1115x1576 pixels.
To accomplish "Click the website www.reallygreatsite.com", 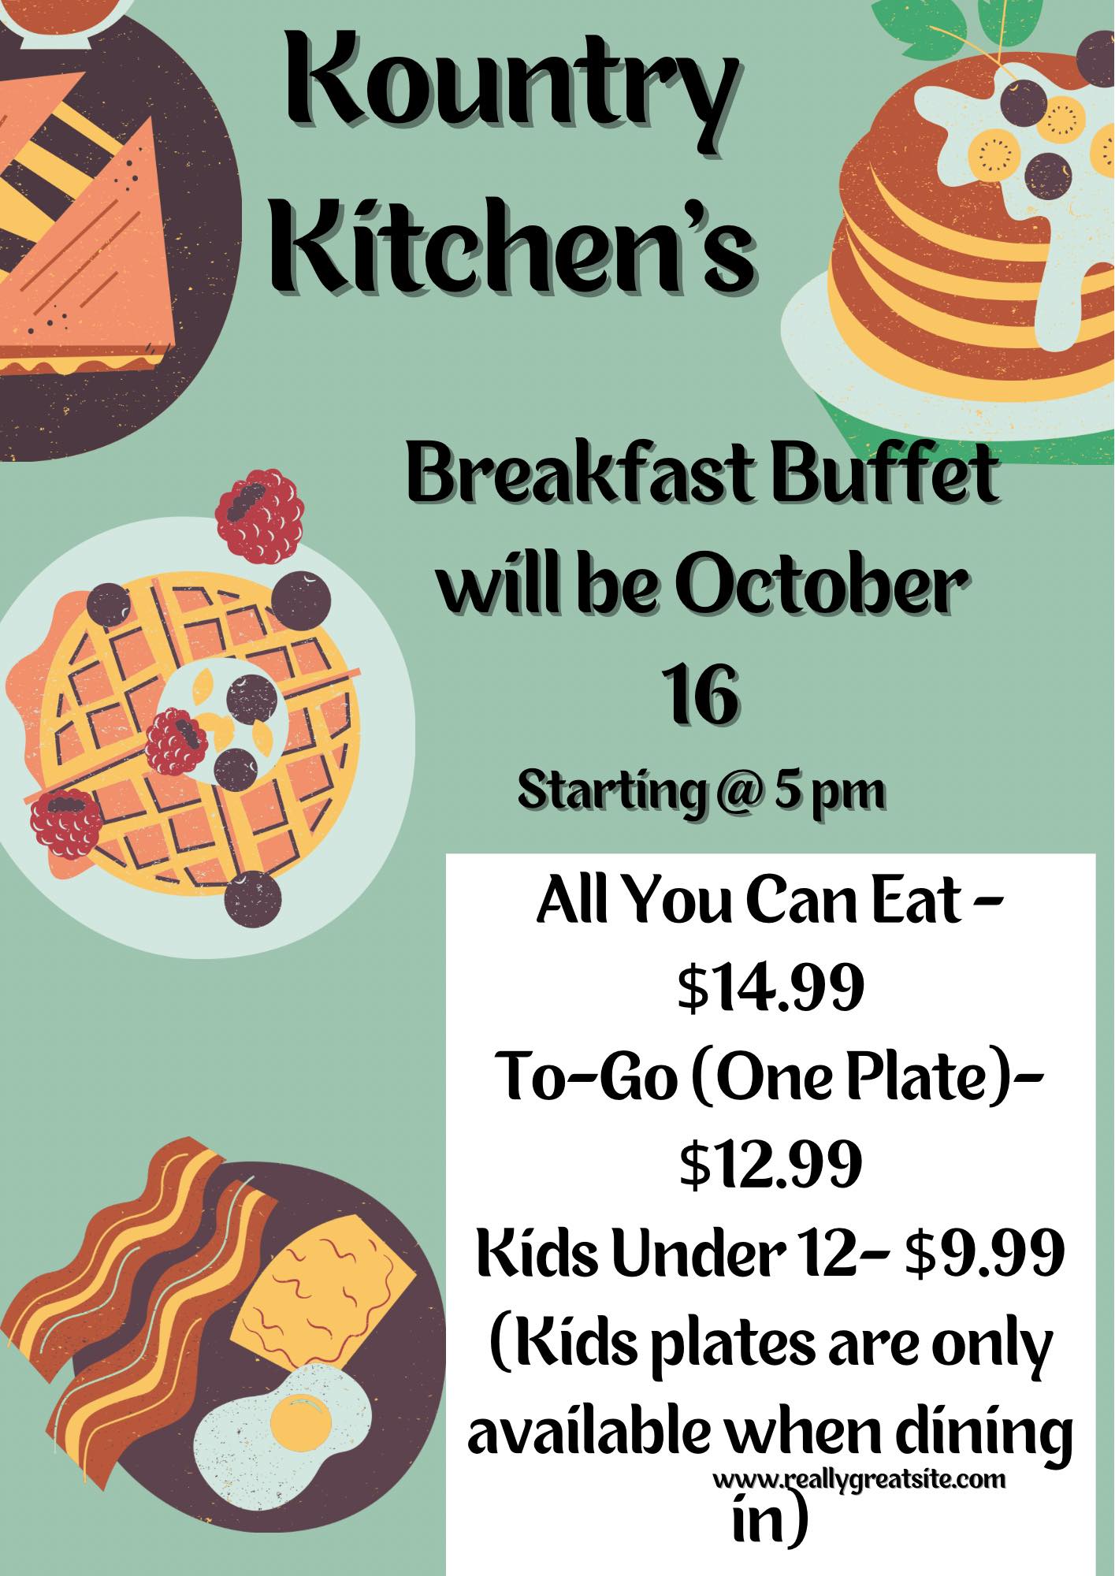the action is (x=860, y=1481).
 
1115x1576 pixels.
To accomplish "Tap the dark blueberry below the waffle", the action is (x=254, y=898).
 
